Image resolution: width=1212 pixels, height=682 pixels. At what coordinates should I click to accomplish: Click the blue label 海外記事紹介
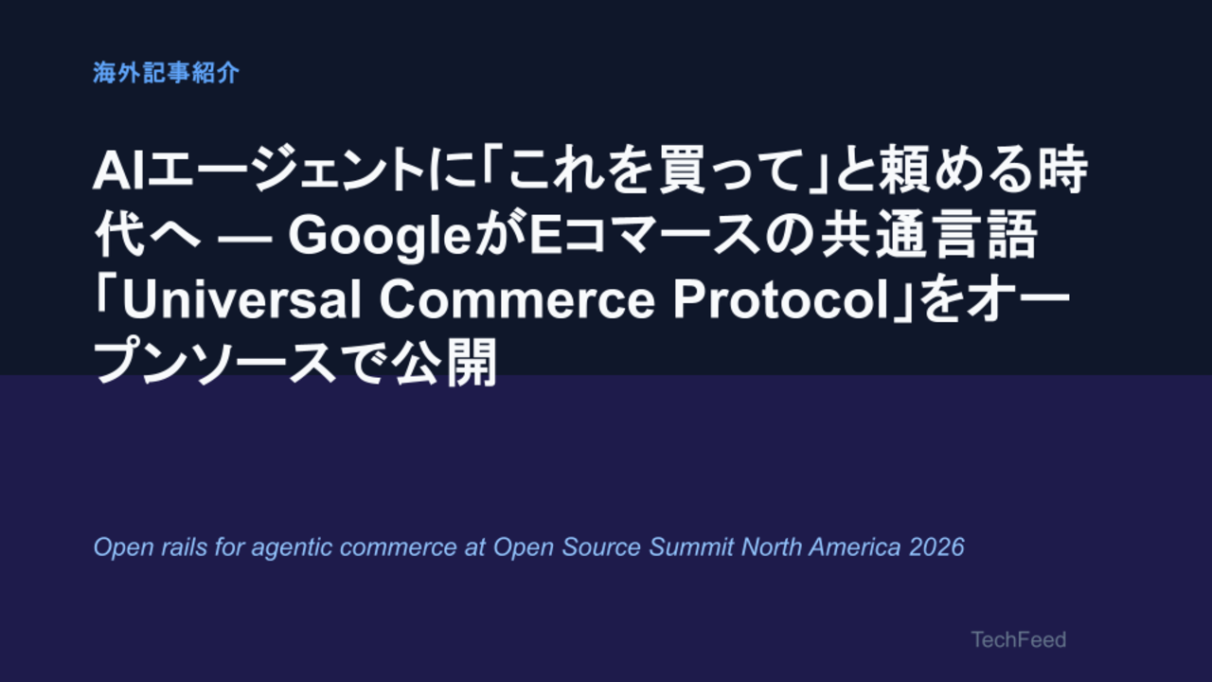(166, 73)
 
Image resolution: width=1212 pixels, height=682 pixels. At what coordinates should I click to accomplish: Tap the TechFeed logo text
(1018, 639)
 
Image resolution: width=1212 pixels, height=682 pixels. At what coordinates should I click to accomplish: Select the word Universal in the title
(241, 299)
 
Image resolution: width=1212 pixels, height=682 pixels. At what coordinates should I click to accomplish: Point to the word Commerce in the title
(517, 299)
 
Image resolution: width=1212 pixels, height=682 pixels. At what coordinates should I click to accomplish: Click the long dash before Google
(244, 239)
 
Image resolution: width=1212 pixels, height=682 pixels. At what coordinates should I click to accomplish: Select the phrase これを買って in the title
(651, 171)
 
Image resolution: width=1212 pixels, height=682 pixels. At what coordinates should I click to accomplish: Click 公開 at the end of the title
(444, 362)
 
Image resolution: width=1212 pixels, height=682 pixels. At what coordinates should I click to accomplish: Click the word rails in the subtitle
(185, 547)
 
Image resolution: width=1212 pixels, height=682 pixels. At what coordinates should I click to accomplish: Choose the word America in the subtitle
(855, 547)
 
